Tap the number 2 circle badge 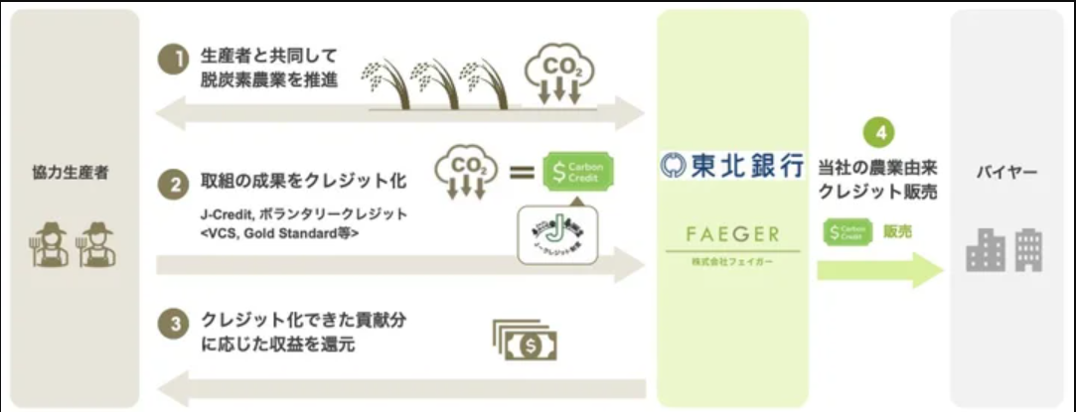click(x=174, y=184)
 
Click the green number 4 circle click(x=878, y=132)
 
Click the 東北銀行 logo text click(x=732, y=166)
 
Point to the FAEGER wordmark click(x=733, y=236)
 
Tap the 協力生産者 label click(x=70, y=173)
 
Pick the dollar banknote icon click(x=525, y=340)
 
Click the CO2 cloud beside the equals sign click(x=463, y=171)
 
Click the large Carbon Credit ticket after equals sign click(x=579, y=172)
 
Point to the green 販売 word click(x=896, y=231)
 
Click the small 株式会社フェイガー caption click(x=733, y=260)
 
